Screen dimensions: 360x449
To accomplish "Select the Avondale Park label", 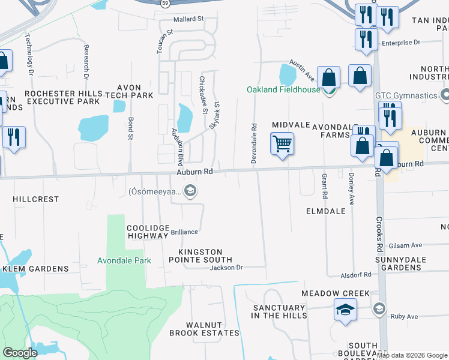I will point(124,260).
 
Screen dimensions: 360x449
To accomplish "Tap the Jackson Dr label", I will point(226,268).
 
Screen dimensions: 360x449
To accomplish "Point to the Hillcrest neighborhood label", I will point(36,199).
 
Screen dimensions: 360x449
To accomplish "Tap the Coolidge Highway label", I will point(147,232).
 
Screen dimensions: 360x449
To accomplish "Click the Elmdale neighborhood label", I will point(325,212).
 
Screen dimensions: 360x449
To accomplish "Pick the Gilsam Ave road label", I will point(406,245).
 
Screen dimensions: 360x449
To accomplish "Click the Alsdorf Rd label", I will point(358,274).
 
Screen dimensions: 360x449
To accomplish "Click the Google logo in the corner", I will point(20,353).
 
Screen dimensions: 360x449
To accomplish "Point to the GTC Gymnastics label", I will point(406,95).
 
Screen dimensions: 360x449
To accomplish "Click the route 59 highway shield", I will point(164,3).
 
